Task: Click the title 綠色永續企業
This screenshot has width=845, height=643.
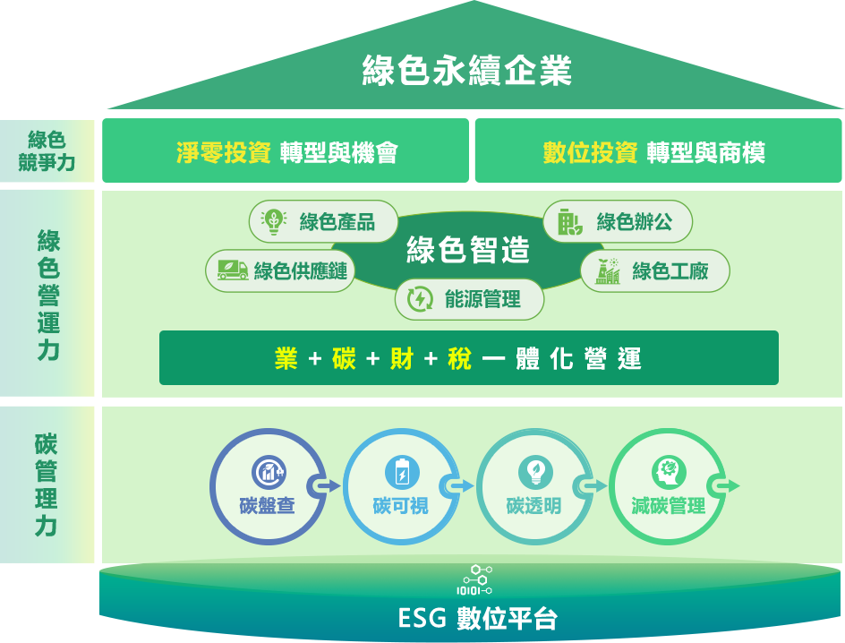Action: point(466,71)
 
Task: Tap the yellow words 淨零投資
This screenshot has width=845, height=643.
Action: point(224,153)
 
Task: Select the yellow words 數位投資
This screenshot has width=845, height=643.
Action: point(590,153)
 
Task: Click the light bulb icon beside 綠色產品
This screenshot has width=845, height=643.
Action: point(272,221)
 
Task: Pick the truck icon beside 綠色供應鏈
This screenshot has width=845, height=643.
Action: point(232,270)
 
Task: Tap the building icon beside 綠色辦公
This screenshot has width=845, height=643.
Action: point(569,221)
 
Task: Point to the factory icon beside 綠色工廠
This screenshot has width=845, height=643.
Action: point(608,270)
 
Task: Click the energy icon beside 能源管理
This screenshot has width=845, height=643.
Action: point(420,299)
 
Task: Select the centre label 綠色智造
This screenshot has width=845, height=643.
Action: point(467,251)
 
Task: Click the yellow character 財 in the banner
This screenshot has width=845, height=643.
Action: point(401,359)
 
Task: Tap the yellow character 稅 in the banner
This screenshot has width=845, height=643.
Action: point(459,359)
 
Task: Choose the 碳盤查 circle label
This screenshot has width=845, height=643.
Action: point(267,506)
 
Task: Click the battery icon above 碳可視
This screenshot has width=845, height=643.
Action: point(402,471)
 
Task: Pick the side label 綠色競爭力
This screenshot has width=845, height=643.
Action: point(47,150)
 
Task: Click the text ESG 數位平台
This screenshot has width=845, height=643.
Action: point(477,619)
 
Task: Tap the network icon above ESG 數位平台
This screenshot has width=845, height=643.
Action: point(474,579)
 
